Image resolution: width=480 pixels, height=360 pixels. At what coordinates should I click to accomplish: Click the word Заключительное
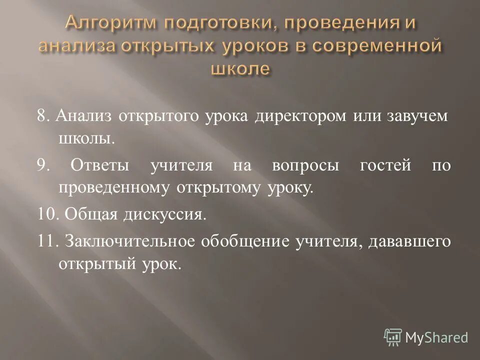tap(129, 241)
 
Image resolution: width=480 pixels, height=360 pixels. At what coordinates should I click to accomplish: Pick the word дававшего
tap(409, 241)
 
